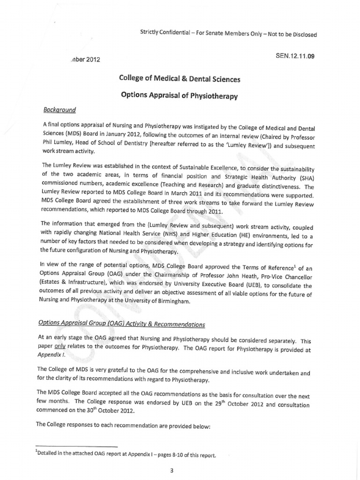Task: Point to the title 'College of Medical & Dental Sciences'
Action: (x=180, y=79)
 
